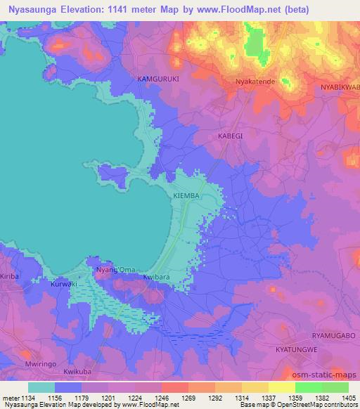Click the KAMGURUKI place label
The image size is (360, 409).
pos(158,79)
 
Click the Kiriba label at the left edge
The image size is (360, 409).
pos(10,277)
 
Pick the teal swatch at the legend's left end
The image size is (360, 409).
pos(41,387)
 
